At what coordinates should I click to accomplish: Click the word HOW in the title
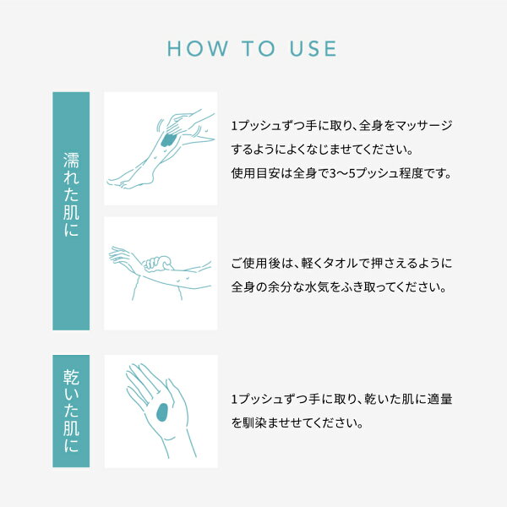197,48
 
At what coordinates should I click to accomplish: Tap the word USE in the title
313,48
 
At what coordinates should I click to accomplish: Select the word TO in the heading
259,48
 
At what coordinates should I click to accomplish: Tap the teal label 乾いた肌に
71,411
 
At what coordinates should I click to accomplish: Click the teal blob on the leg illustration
168,140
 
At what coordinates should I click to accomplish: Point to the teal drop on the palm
162,412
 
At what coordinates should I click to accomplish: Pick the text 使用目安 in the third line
255,173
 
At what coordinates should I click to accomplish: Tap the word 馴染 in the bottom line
255,423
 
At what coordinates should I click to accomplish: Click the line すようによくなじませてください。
323,150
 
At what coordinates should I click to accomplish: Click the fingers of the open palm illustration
142,383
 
